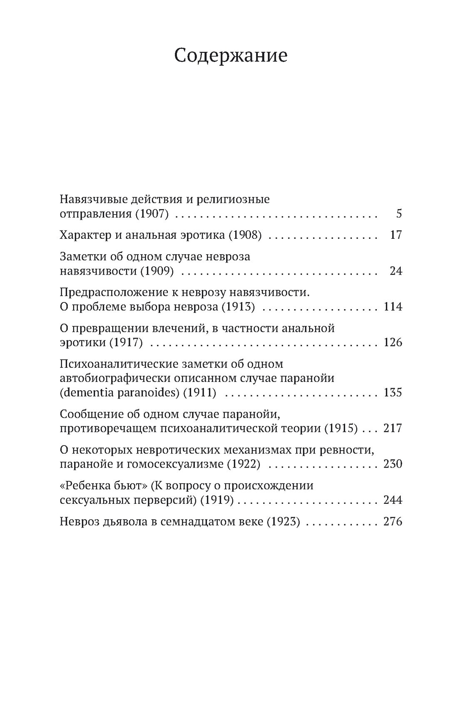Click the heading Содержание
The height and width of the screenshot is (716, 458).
pos(231,56)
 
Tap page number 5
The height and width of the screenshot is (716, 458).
pos(399,214)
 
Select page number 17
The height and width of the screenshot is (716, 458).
pos(396,235)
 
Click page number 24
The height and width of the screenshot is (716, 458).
pos(396,271)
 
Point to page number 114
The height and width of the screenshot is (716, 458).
pos(393,307)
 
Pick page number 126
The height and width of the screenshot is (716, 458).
pos(393,343)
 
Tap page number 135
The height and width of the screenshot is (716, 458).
pos(393,392)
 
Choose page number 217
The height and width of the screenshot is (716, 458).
pos(393,428)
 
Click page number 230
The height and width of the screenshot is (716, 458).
pos(393,464)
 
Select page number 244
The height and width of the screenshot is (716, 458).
pos(393,500)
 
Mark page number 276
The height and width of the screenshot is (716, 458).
pos(393,521)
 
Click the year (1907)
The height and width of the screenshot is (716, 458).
pos(152,214)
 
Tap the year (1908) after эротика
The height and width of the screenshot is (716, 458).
pos(245,235)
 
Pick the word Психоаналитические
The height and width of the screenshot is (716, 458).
pos(118,364)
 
